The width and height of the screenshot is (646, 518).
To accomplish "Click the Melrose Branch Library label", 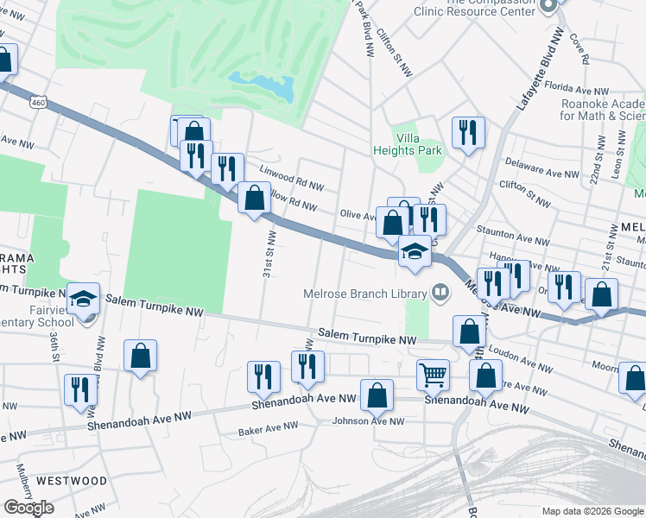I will [365, 293].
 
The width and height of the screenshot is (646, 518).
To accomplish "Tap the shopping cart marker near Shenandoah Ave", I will [433, 374].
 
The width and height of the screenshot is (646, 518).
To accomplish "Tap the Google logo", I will [28, 507].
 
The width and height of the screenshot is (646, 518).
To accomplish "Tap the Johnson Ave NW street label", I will [368, 421].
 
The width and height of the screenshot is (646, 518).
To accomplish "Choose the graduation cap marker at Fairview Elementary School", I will [84, 299].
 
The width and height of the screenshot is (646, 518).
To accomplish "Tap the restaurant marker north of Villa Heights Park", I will [467, 132].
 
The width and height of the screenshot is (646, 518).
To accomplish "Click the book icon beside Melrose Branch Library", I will [440, 293].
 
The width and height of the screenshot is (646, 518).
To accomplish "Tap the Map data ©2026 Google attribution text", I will [591, 510].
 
